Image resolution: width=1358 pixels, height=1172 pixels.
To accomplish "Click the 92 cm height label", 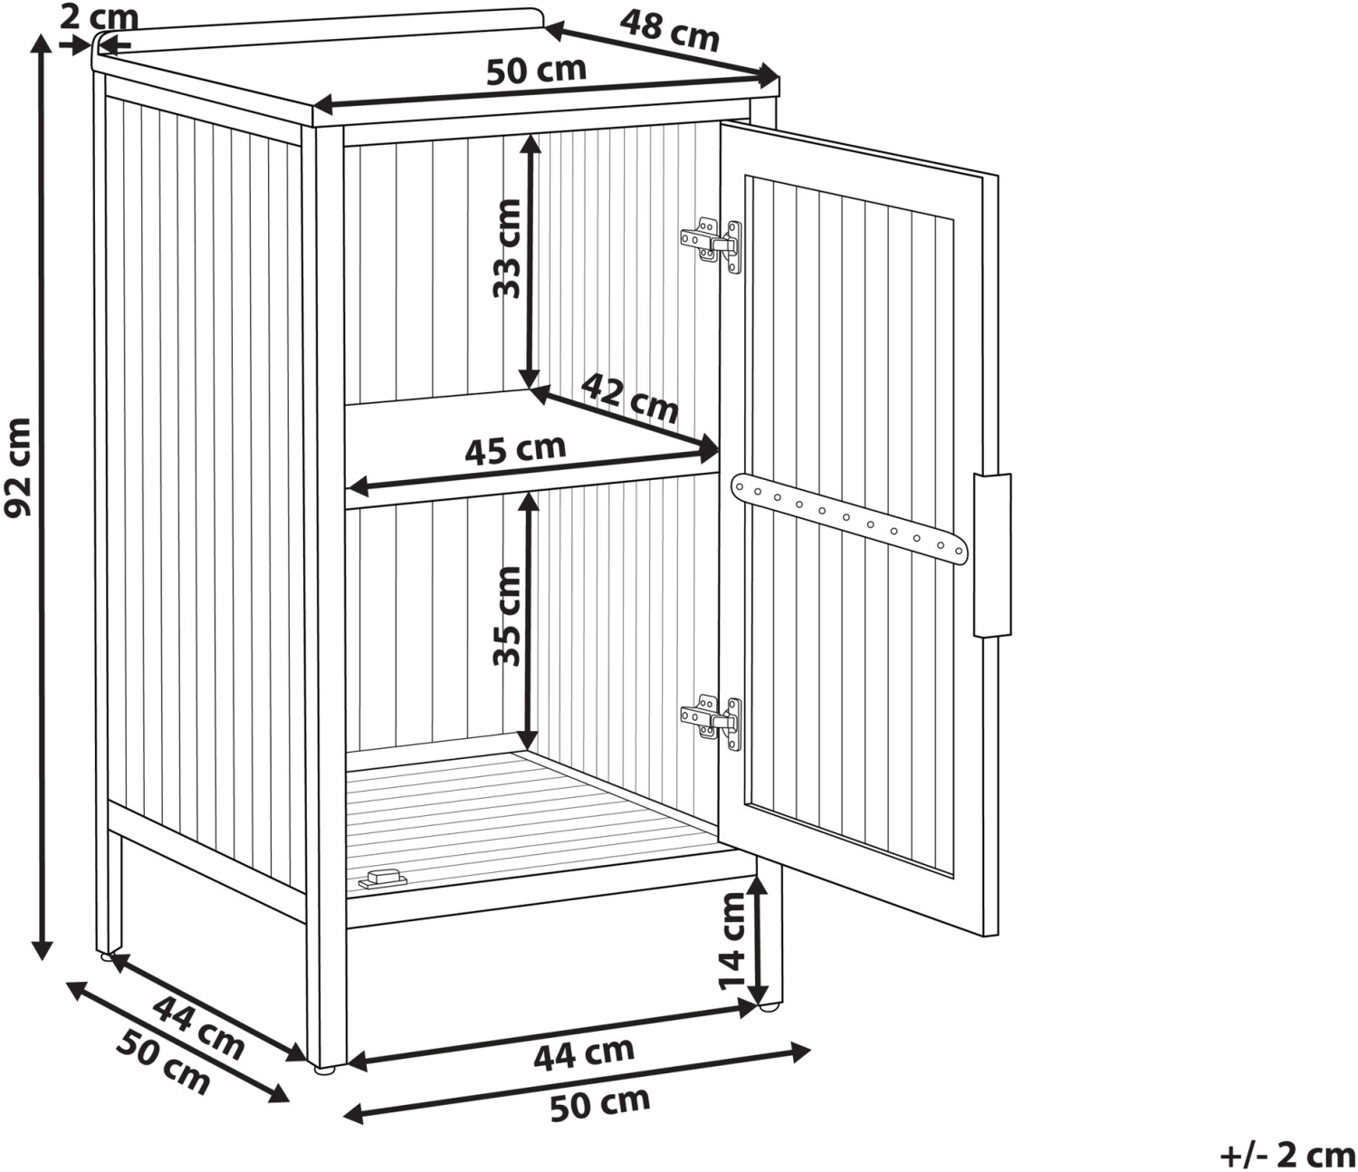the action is coord(18,468).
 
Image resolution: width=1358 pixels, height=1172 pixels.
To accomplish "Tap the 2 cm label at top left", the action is coord(100,17).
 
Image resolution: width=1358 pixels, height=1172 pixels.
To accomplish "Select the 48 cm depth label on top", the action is coord(669,31).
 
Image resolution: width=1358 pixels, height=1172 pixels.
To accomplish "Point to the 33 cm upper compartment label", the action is coord(508,248).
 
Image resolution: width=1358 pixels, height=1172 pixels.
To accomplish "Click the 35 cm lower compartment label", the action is coord(508,616).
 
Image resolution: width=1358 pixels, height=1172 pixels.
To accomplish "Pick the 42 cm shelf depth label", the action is coord(629,399).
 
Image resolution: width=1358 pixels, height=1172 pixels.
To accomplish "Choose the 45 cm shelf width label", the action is coord(515,450).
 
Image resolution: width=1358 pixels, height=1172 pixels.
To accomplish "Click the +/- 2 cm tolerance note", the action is coord(1287,1154).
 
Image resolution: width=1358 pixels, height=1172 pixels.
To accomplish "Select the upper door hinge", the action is coord(712,245).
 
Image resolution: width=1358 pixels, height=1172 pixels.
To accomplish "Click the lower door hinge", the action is coord(712,723).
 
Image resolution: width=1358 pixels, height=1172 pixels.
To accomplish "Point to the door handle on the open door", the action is coord(992,555).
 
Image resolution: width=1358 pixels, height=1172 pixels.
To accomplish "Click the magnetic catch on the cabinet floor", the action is coord(382,879).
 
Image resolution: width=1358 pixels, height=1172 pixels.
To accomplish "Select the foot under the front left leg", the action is coord(324,1071).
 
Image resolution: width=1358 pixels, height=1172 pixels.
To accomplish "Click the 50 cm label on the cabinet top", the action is coord(536,71).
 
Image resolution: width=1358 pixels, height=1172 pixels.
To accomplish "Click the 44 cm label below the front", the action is coord(584,1054).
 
